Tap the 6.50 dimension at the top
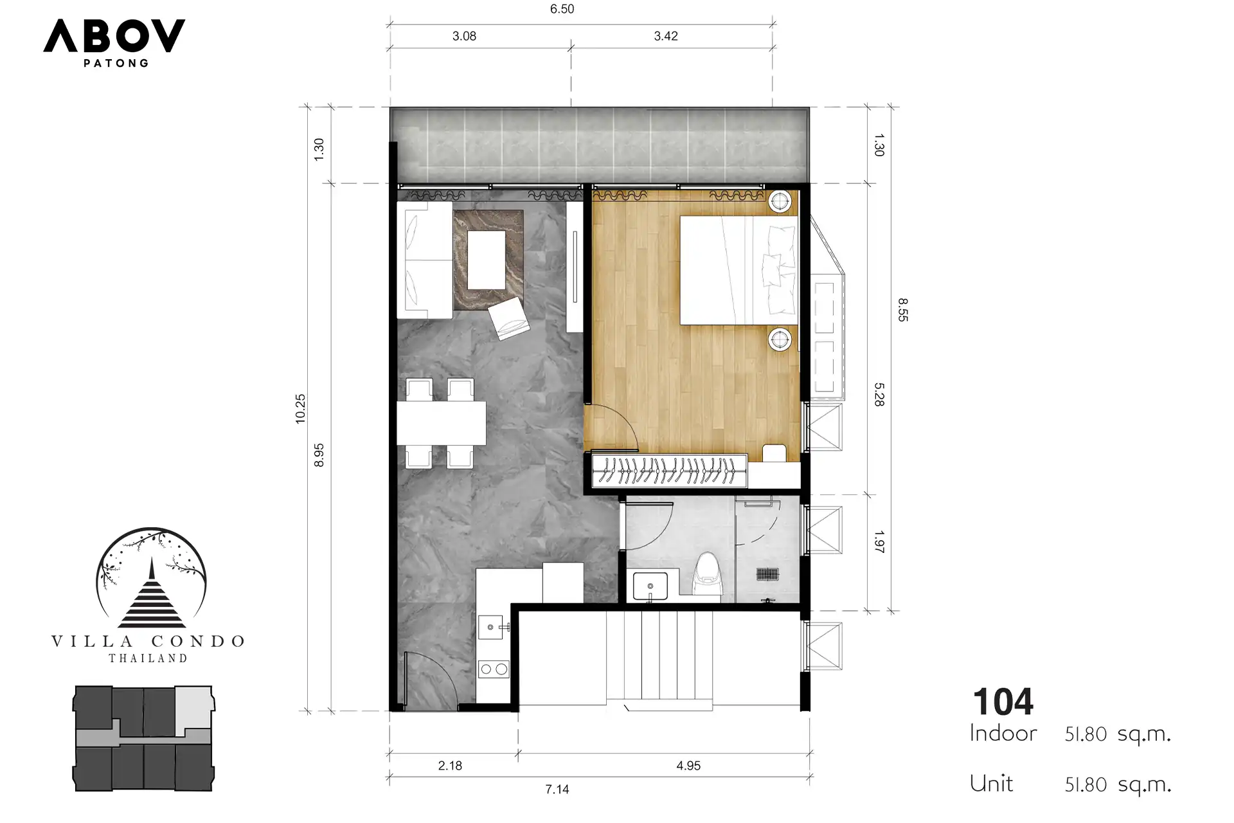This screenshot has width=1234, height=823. coord(562,9)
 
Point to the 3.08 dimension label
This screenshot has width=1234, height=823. coord(464,36)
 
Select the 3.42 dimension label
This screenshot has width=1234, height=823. coord(666,36)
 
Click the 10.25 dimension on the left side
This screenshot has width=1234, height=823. coord(300,408)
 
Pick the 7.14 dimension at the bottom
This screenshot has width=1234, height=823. coord(557,789)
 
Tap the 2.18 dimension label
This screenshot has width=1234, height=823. coord(450,765)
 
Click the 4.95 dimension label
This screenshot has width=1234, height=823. coord(688,765)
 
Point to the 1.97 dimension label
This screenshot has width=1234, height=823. coord(879,542)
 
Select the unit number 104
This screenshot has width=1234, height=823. coord(1003,701)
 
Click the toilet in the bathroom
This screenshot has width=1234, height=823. coord(710,575)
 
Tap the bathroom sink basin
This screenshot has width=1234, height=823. coord(650,586)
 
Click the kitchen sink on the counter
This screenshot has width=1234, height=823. coord(492,627)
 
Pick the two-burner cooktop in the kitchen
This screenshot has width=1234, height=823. coord(494,669)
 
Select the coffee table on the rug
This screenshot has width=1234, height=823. coord(487,260)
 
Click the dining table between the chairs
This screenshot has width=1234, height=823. coord(441,423)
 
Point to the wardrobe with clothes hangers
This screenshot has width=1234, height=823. coord(669,471)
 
